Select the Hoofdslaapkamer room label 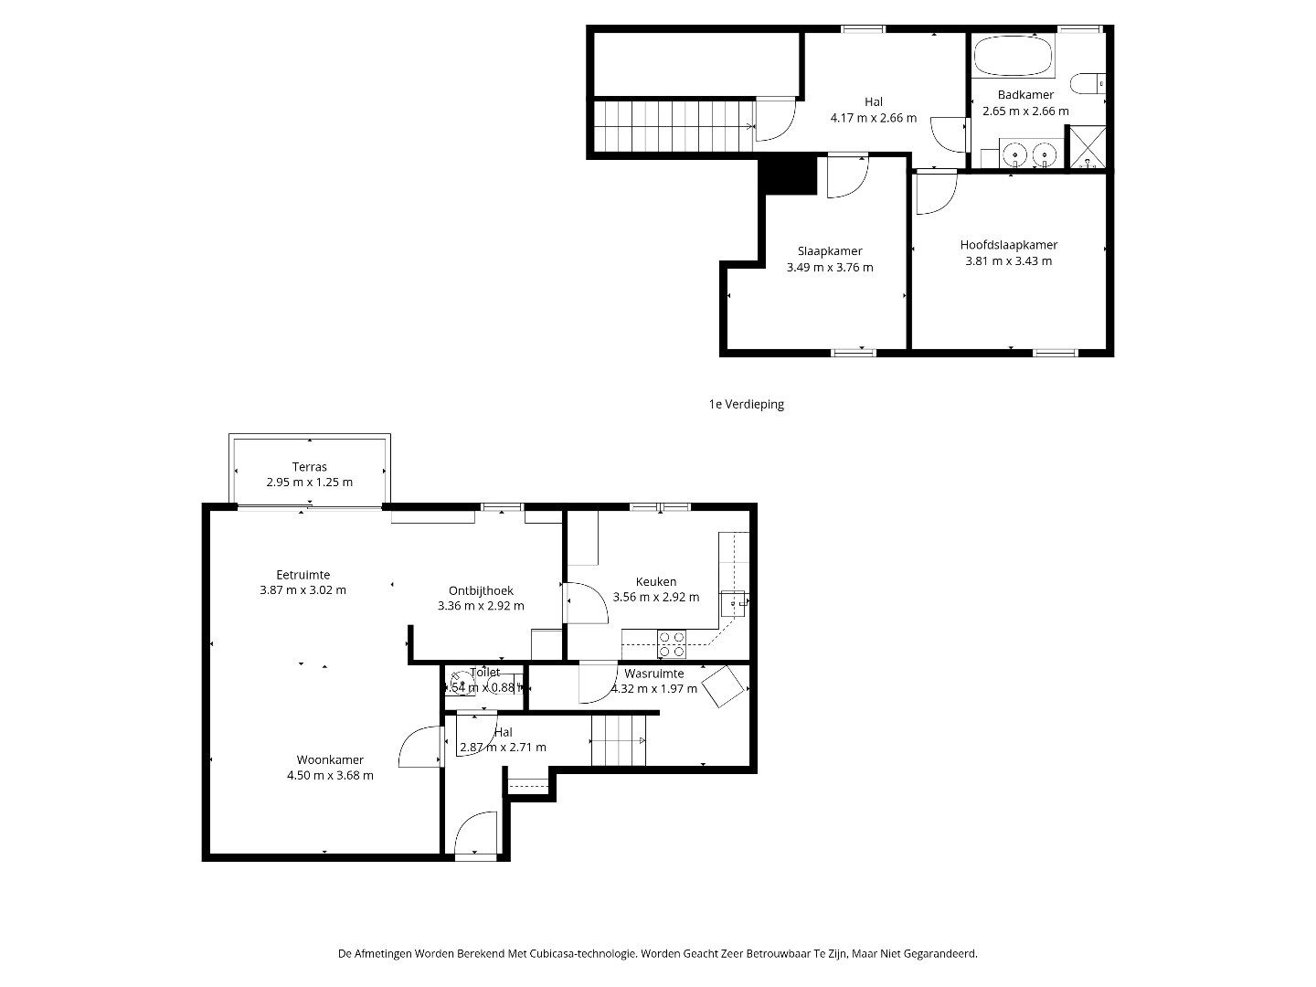(1008, 245)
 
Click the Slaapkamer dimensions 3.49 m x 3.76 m (829, 268)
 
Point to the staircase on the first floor (674, 125)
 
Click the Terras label (309, 467)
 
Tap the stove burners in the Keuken (673, 644)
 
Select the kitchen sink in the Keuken (734, 603)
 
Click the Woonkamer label (329, 759)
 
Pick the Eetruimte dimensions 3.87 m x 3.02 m (302, 590)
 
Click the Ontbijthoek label (481, 590)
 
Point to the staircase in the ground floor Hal (619, 740)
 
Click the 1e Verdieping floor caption (746, 404)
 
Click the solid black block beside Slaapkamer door (788, 175)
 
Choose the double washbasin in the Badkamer (1029, 155)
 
